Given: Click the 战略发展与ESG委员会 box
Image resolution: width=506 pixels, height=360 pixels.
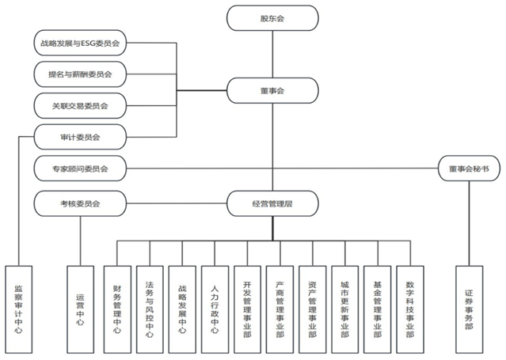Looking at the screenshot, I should pos(82,42).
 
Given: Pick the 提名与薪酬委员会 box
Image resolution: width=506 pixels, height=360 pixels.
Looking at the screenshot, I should pos(82,74).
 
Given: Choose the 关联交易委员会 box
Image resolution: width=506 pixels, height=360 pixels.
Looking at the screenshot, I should pos(82,105).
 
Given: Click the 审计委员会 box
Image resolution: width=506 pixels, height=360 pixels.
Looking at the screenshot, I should pos(82,137).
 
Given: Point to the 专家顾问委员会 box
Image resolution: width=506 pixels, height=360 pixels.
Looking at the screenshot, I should pos(82,168).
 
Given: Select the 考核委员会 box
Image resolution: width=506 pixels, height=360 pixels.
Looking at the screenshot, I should pos(82,204).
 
